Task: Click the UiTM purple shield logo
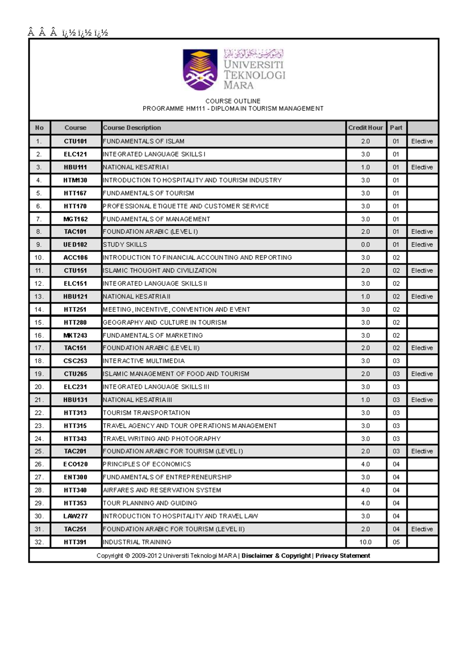pos(200,69)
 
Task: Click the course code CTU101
pos(75,141)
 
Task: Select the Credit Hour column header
pos(365,127)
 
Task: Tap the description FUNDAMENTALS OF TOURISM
pos(148,193)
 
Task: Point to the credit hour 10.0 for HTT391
pos(365,542)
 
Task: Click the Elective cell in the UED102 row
pos(422,244)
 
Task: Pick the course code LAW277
pos(75,516)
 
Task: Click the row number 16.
pos(39,335)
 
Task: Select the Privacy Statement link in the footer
pos(343,555)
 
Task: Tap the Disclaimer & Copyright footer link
pos(276,555)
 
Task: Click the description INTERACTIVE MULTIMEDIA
pos(144,361)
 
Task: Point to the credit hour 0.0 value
pos(365,244)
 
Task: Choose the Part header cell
pos(396,127)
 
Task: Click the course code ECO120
pos(75,464)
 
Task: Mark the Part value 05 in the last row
pos(396,542)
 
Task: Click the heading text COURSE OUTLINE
pos(233,101)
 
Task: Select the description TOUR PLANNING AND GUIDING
pos(150,503)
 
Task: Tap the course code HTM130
pos(75,180)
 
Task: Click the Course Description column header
pos(132,127)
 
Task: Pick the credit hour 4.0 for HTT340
pos(365,490)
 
